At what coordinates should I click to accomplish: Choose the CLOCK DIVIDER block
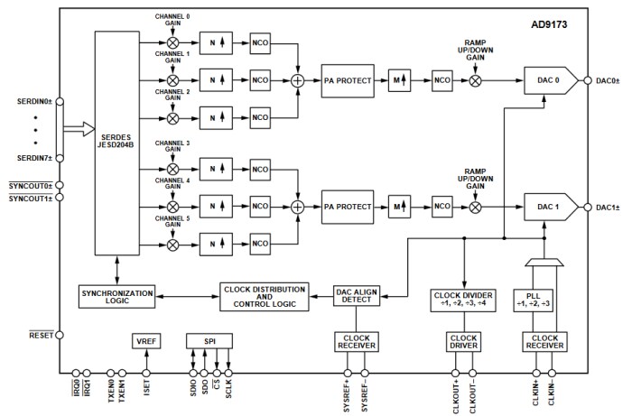click(463, 298)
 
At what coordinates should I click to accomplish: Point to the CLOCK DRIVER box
click(463, 342)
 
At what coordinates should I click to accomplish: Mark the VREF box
click(144, 342)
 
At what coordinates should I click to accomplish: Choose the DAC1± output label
click(609, 207)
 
